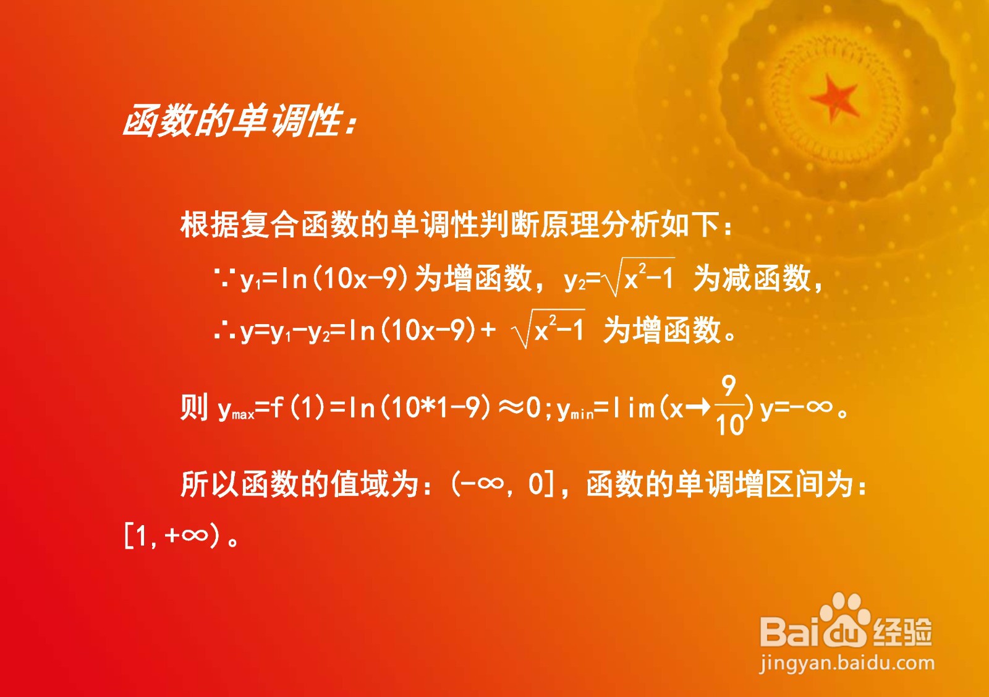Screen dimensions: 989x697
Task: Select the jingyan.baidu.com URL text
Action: [x=847, y=664]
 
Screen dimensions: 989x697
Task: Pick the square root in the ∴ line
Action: [x=548, y=328]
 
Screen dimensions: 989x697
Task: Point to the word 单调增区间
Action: [x=749, y=484]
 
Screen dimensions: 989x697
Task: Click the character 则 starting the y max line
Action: [x=194, y=407]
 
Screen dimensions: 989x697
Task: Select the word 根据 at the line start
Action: [x=210, y=225]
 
